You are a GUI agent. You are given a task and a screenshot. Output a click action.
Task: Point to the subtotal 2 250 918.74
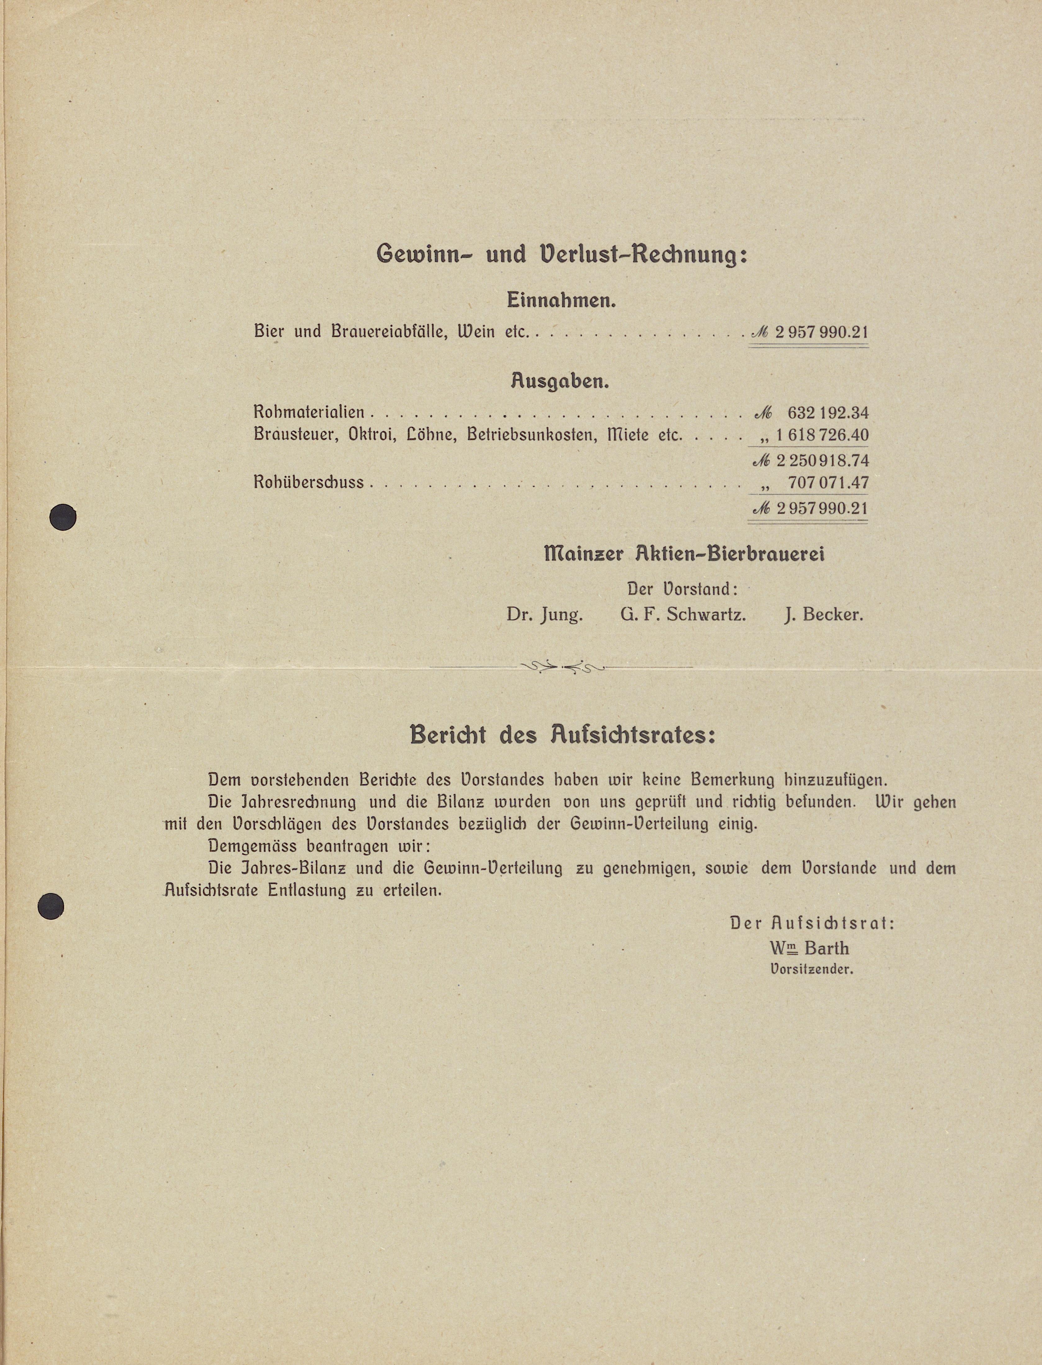(x=821, y=461)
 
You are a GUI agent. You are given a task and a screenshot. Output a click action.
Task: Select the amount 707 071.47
(x=828, y=483)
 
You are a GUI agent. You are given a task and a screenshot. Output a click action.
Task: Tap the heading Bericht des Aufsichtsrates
(x=562, y=735)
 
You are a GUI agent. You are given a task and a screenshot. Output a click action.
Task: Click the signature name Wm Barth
(x=809, y=948)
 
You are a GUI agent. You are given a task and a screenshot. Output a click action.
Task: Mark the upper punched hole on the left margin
(x=63, y=517)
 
